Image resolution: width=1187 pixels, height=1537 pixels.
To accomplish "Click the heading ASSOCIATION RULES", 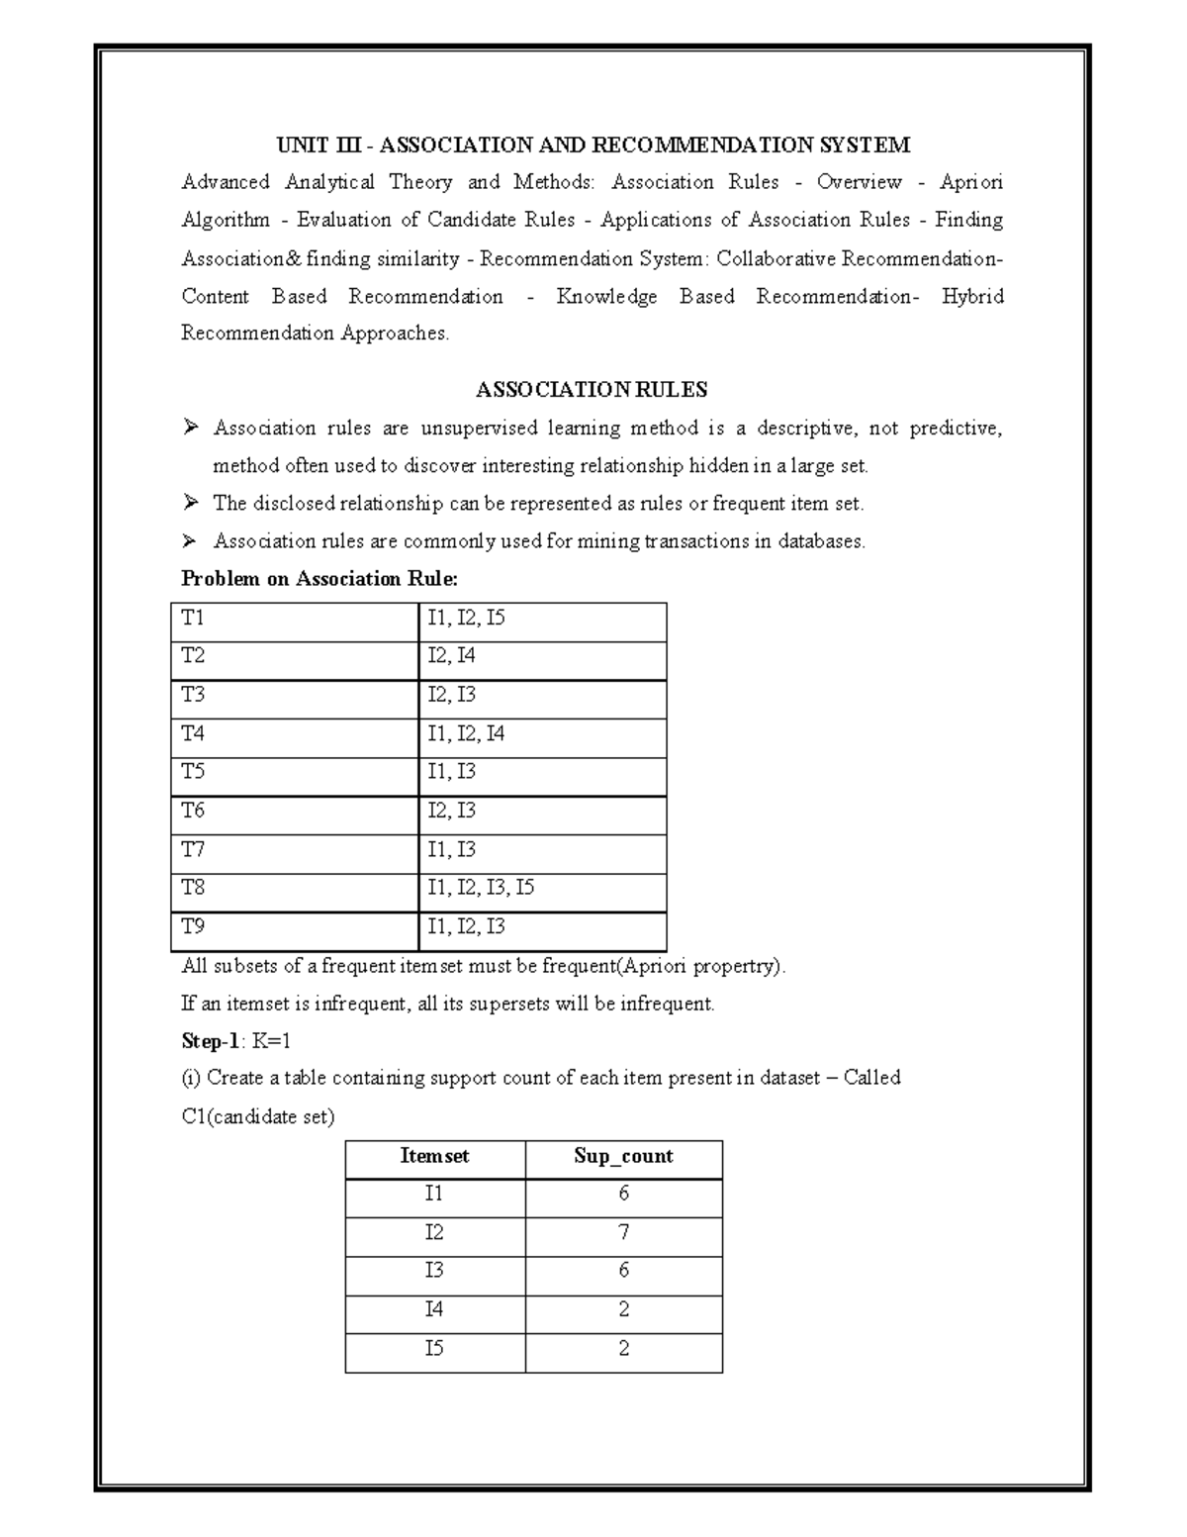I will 592,390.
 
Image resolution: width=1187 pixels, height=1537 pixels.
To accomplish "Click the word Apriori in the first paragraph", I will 970,182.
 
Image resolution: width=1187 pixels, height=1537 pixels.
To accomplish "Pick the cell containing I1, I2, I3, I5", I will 481,888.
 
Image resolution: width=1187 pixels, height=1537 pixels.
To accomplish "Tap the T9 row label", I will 194,926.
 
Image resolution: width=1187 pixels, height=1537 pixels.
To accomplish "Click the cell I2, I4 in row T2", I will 452,656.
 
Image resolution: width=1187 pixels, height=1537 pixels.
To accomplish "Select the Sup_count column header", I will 623,1156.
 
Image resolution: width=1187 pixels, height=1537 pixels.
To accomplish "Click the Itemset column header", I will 434,1156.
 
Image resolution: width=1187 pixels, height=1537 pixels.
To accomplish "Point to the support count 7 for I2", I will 623,1232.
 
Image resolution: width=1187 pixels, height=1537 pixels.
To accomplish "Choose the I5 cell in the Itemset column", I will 434,1348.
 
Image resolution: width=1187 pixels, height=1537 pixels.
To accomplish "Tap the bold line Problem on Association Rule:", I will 320,579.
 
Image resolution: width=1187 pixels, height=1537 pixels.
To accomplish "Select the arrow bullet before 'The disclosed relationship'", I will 191,503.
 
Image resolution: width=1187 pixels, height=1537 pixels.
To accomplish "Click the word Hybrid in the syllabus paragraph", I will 972,296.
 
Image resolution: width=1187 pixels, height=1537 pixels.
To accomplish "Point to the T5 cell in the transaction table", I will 194,772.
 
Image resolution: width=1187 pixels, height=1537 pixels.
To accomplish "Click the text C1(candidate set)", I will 258,1116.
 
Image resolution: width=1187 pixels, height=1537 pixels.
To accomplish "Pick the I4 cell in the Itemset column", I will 434,1309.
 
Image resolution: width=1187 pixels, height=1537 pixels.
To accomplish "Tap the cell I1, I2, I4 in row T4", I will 466,733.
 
